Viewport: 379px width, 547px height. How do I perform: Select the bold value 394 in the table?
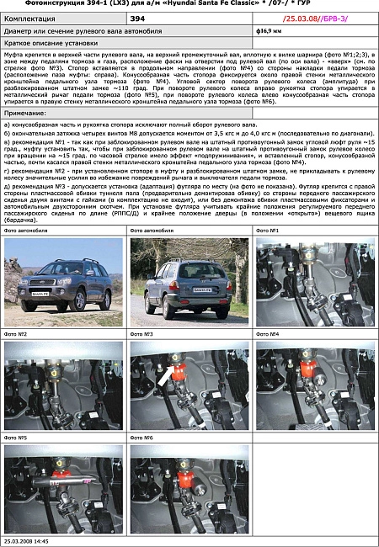137,18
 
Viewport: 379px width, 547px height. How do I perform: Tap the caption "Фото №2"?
16,334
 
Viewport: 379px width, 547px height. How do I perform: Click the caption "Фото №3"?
141,334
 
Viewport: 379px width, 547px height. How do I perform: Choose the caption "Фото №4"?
267,334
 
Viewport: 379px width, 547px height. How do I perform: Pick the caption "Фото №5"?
16,438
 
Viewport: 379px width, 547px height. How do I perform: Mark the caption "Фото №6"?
141,438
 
